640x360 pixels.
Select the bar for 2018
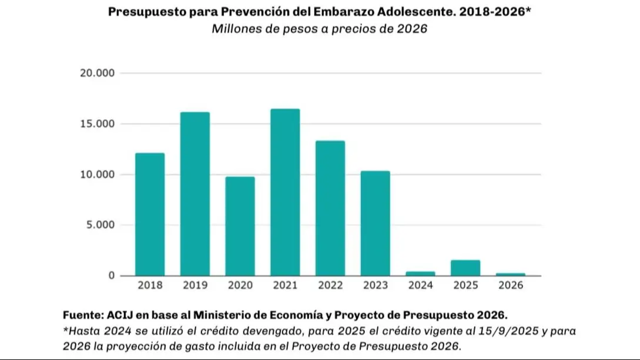click(x=150, y=214)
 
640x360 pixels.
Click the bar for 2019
click(x=195, y=194)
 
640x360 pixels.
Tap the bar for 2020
click(x=240, y=226)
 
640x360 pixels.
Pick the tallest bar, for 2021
click(x=285, y=192)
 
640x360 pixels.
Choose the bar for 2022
click(x=330, y=208)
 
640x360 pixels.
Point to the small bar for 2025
click(x=465, y=268)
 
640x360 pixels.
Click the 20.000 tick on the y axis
click(x=99, y=73)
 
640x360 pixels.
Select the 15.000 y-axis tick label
click(x=99, y=124)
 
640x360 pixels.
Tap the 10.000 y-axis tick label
click(x=99, y=174)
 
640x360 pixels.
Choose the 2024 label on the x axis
click(x=421, y=285)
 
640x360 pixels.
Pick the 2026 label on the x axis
click(x=511, y=285)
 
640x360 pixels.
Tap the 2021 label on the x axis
click(x=285, y=285)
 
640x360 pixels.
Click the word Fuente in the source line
click(x=82, y=315)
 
